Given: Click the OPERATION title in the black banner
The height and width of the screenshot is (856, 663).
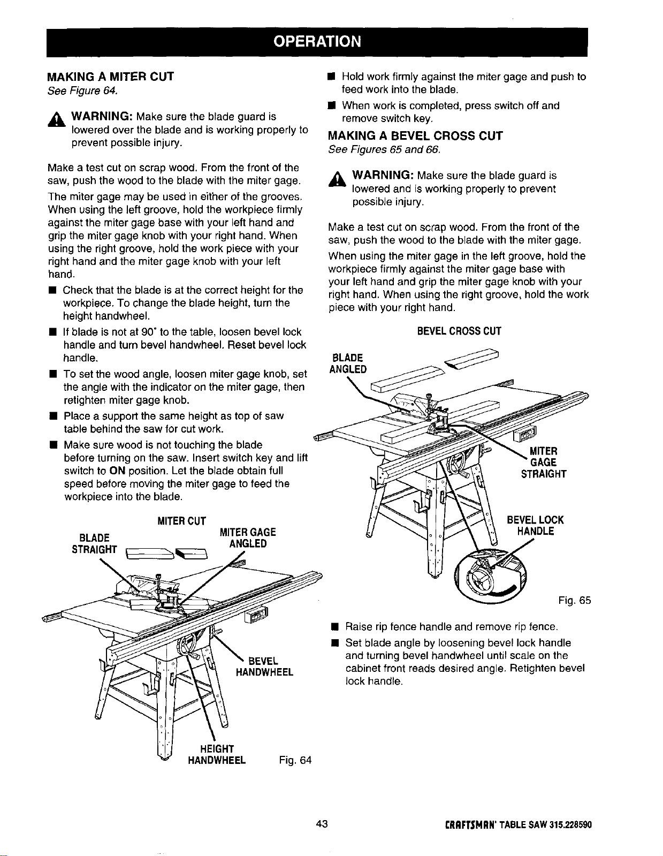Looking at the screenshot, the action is (317, 41).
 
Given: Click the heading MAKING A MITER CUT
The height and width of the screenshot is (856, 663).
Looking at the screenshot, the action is (110, 77).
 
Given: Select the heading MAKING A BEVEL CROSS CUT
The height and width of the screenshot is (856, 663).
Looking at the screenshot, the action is (415, 136).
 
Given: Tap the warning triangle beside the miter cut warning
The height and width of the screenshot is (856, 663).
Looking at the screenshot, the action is (57, 119).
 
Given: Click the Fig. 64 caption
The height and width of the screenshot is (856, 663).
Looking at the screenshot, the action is (295, 760).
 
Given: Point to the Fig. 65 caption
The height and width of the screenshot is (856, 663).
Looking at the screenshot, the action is (575, 600).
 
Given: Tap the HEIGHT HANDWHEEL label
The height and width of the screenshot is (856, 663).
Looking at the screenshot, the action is (217, 754).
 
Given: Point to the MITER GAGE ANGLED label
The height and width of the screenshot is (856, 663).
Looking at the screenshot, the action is (248, 537).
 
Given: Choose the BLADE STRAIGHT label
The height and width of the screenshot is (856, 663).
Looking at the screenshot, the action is (95, 543).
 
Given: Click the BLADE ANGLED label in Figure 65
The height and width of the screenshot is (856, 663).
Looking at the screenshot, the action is (348, 363).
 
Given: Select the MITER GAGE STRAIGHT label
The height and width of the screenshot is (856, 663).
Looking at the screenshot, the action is (544, 463).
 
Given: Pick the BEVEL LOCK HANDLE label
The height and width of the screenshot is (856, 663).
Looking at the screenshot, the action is (536, 526).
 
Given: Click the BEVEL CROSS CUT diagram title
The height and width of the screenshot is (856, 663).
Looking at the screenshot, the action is (459, 331).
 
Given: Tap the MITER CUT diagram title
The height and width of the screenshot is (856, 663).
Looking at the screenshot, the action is (181, 521).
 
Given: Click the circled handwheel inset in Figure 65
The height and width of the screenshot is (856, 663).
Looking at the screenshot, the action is (490, 575).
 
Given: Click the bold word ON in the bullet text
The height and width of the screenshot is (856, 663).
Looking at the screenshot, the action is (117, 471).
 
